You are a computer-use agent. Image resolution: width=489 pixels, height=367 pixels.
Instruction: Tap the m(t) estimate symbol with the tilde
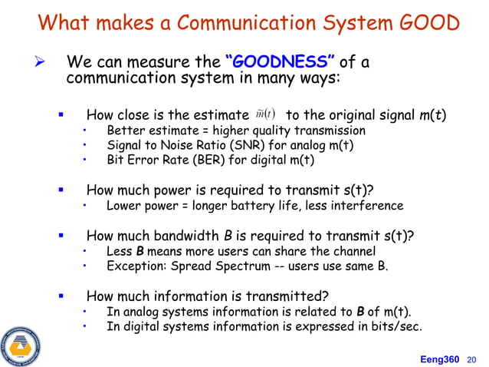coord(267,116)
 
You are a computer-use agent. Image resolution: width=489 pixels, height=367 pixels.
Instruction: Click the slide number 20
coord(471,358)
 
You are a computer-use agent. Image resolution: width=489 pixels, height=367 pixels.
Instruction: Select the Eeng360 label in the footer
coord(440,358)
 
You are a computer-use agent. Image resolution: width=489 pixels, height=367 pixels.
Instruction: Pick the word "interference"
coord(363,205)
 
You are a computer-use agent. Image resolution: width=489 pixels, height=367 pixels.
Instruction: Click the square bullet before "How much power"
coord(61,190)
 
